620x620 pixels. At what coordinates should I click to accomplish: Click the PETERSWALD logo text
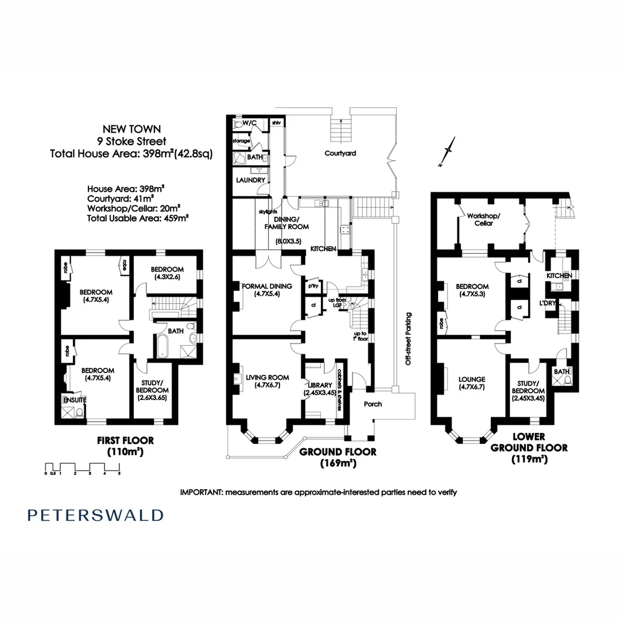tap(95, 515)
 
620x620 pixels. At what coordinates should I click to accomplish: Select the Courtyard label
tap(340, 153)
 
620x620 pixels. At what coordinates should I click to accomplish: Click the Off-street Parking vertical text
tap(409, 339)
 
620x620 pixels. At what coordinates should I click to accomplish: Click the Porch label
tap(373, 404)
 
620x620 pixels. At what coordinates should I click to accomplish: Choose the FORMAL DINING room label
tap(267, 286)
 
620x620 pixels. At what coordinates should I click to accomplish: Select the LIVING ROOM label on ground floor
tap(266, 377)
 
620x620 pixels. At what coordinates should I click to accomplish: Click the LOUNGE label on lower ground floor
tap(472, 379)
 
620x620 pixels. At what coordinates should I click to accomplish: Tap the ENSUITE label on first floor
tap(73, 399)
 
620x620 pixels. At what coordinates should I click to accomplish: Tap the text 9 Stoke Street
tap(131, 141)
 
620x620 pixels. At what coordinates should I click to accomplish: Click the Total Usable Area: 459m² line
tap(138, 218)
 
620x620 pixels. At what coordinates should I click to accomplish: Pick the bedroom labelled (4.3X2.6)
tap(166, 273)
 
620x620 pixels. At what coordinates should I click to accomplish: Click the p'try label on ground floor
tap(313, 286)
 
